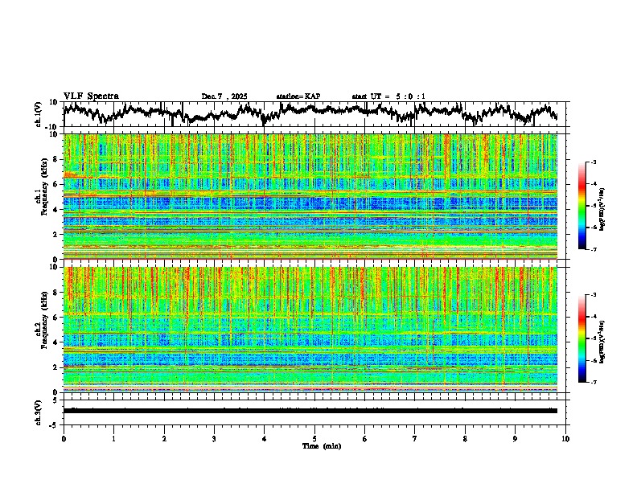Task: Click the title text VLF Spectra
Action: click(91, 96)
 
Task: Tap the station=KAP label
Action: click(298, 96)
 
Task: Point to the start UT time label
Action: click(388, 96)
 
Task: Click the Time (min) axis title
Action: click(321, 445)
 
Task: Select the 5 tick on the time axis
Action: click(314, 438)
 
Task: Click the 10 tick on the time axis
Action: click(565, 438)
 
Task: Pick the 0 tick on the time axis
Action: click(64, 438)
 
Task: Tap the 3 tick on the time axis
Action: click(214, 438)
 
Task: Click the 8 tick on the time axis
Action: click(465, 438)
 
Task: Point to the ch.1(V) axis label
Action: click(39, 114)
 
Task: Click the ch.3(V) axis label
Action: click(39, 410)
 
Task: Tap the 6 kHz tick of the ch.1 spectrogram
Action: click(56, 184)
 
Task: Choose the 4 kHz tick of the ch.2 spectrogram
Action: click(56, 342)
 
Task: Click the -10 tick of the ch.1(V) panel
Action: click(52, 127)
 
